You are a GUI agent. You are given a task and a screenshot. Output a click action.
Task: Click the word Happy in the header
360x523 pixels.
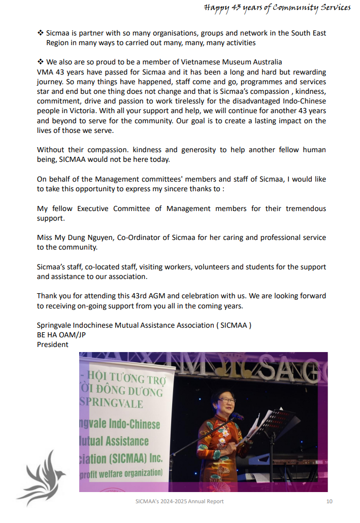point(215,8)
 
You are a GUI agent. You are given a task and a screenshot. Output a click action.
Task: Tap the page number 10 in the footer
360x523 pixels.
point(329,501)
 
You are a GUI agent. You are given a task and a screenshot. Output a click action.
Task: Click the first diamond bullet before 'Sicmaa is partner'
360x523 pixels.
point(41,33)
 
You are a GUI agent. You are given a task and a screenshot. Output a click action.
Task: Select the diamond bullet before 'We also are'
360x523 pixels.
point(41,62)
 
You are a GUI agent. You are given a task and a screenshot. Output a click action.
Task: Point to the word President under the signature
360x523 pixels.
point(52,344)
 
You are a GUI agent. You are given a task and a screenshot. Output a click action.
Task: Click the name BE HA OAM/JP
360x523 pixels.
point(61,335)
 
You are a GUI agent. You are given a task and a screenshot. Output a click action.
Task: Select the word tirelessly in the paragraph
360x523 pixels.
point(193,101)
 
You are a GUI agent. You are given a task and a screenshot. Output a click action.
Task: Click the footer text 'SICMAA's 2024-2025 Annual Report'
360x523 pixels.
point(180,501)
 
